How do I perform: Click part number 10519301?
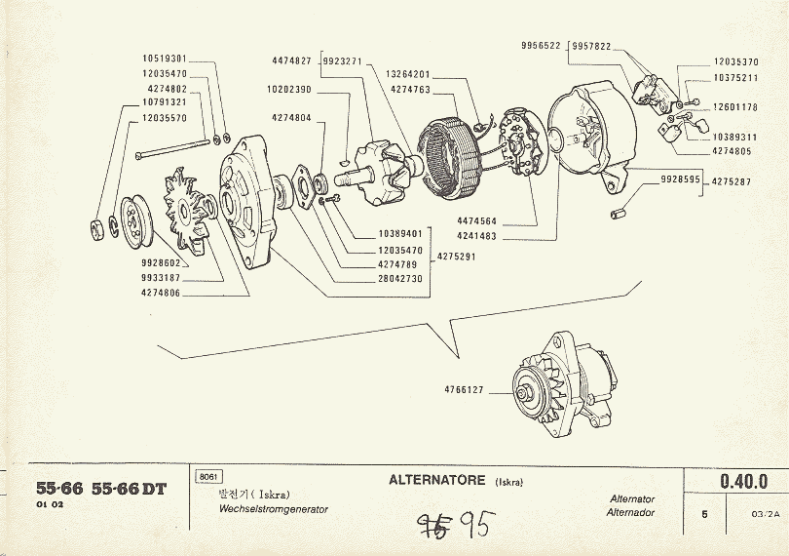[165, 59]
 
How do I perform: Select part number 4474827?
[291, 60]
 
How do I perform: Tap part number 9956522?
[541, 46]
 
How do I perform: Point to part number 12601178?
[735, 107]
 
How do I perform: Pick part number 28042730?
[399, 278]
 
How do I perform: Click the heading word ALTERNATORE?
[438, 480]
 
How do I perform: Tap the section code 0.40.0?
[743, 482]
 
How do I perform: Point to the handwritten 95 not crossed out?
[476, 528]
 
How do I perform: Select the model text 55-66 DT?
[129, 490]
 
